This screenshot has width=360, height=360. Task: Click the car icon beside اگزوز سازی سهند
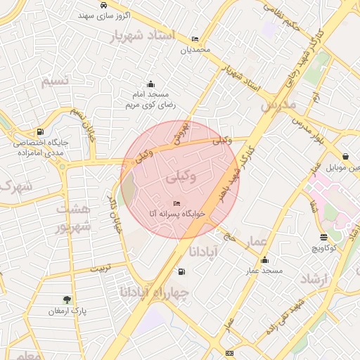click(x=104, y=5)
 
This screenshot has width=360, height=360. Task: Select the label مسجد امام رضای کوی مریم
click(x=150, y=99)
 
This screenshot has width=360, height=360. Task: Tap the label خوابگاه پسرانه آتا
click(x=174, y=212)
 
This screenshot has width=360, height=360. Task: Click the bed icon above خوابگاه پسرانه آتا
click(x=176, y=202)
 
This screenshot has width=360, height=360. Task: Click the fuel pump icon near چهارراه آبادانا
click(x=182, y=271)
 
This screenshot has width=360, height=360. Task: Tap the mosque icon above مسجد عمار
click(x=264, y=259)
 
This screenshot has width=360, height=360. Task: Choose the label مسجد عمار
click(x=264, y=270)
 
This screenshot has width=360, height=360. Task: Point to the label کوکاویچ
click(x=323, y=247)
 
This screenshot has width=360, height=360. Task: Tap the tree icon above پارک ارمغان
click(x=67, y=300)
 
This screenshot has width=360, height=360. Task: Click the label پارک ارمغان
click(x=67, y=311)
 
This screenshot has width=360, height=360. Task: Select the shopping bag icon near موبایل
click(x=345, y=157)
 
